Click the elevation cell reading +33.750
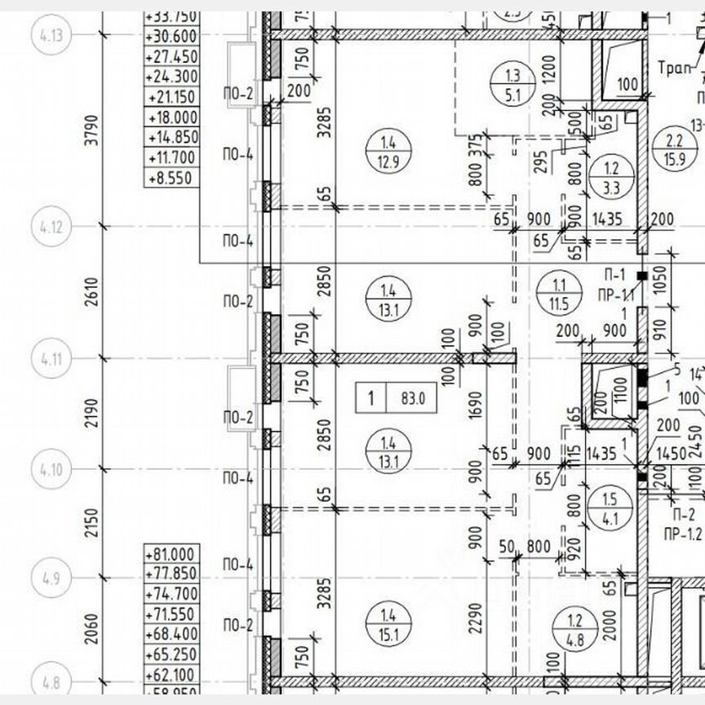(171, 16)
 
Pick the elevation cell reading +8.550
(171, 177)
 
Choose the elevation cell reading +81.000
(172, 555)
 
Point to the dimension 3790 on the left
(92, 129)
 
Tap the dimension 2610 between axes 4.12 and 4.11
(92, 291)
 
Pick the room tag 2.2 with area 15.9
(674, 151)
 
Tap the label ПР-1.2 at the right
(682, 534)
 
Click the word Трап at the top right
(674, 68)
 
